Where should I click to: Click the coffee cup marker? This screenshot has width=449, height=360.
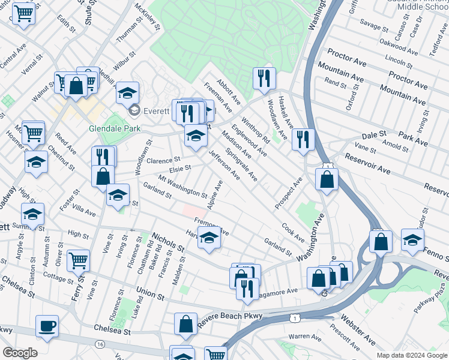click(x=47, y=326)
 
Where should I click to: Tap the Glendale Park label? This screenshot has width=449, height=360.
click(x=114, y=128)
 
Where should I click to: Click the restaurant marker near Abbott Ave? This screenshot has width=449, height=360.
click(x=264, y=78)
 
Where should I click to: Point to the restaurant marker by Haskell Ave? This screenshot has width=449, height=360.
click(x=303, y=140)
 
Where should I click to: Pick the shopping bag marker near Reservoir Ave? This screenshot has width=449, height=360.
click(x=326, y=179)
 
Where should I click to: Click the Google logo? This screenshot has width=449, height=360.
click(x=20, y=353)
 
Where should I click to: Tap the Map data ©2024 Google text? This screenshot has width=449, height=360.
click(x=411, y=356)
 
